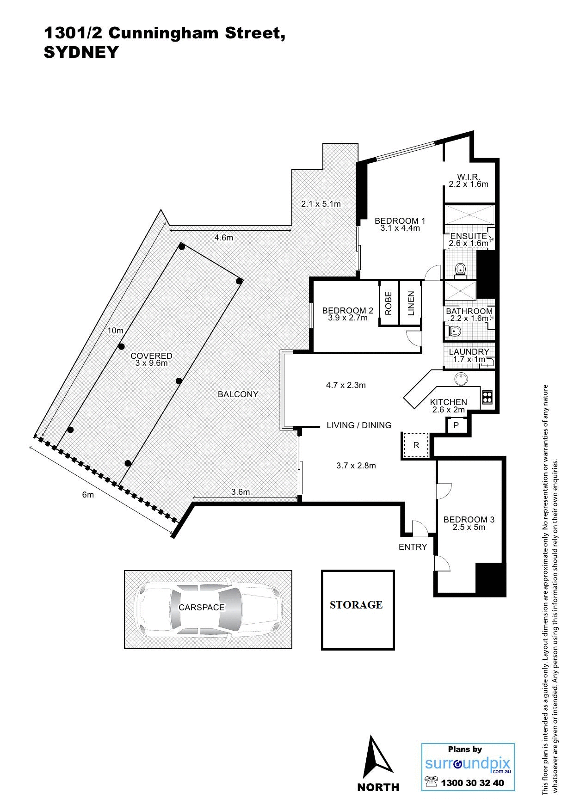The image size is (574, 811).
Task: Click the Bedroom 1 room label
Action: click(x=400, y=221)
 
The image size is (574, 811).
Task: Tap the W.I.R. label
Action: click(x=468, y=177)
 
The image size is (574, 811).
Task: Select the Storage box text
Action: click(x=356, y=605)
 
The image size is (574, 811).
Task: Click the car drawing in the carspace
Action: click(x=208, y=608)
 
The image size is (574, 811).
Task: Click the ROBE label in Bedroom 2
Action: click(x=389, y=303)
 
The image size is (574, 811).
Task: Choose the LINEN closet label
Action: click(x=411, y=303)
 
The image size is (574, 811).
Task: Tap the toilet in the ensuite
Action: click(x=460, y=270)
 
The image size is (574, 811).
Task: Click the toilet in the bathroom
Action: click(x=454, y=331)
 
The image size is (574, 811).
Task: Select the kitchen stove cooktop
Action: click(x=487, y=397)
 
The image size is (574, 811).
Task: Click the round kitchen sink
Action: click(x=461, y=379)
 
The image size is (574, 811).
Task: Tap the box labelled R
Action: click(x=416, y=446)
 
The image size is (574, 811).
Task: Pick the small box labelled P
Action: click(x=456, y=425)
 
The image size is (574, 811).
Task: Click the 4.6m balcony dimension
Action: click(x=223, y=238)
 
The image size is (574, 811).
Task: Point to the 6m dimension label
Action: click(x=88, y=495)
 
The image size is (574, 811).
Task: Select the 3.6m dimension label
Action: click(x=241, y=492)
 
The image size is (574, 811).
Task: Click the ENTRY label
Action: click(x=413, y=547)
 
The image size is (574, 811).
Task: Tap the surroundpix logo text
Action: click(x=467, y=763)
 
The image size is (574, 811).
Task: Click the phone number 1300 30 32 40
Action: click(x=472, y=783)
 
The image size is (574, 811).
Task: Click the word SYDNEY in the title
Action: click(x=81, y=52)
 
